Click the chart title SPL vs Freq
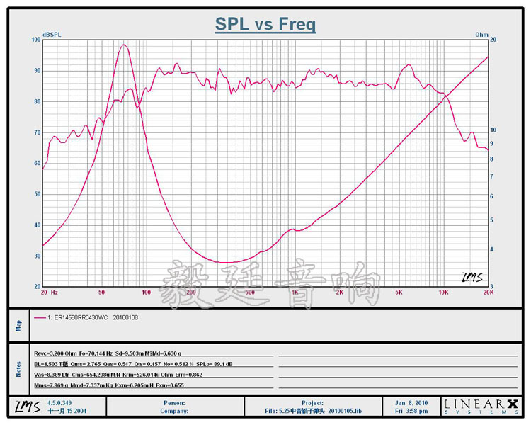coord(265,25)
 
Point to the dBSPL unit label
coord(52,35)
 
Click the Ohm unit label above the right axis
coord(481,35)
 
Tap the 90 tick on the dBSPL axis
coord(37,71)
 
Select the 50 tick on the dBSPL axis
coord(37,194)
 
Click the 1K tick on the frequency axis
coord(294,292)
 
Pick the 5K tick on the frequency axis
coord(399,292)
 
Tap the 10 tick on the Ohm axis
coord(493,130)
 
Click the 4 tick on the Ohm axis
coord(493,249)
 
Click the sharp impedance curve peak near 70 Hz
coord(124,45)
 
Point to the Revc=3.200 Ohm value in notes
coord(57,352)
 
